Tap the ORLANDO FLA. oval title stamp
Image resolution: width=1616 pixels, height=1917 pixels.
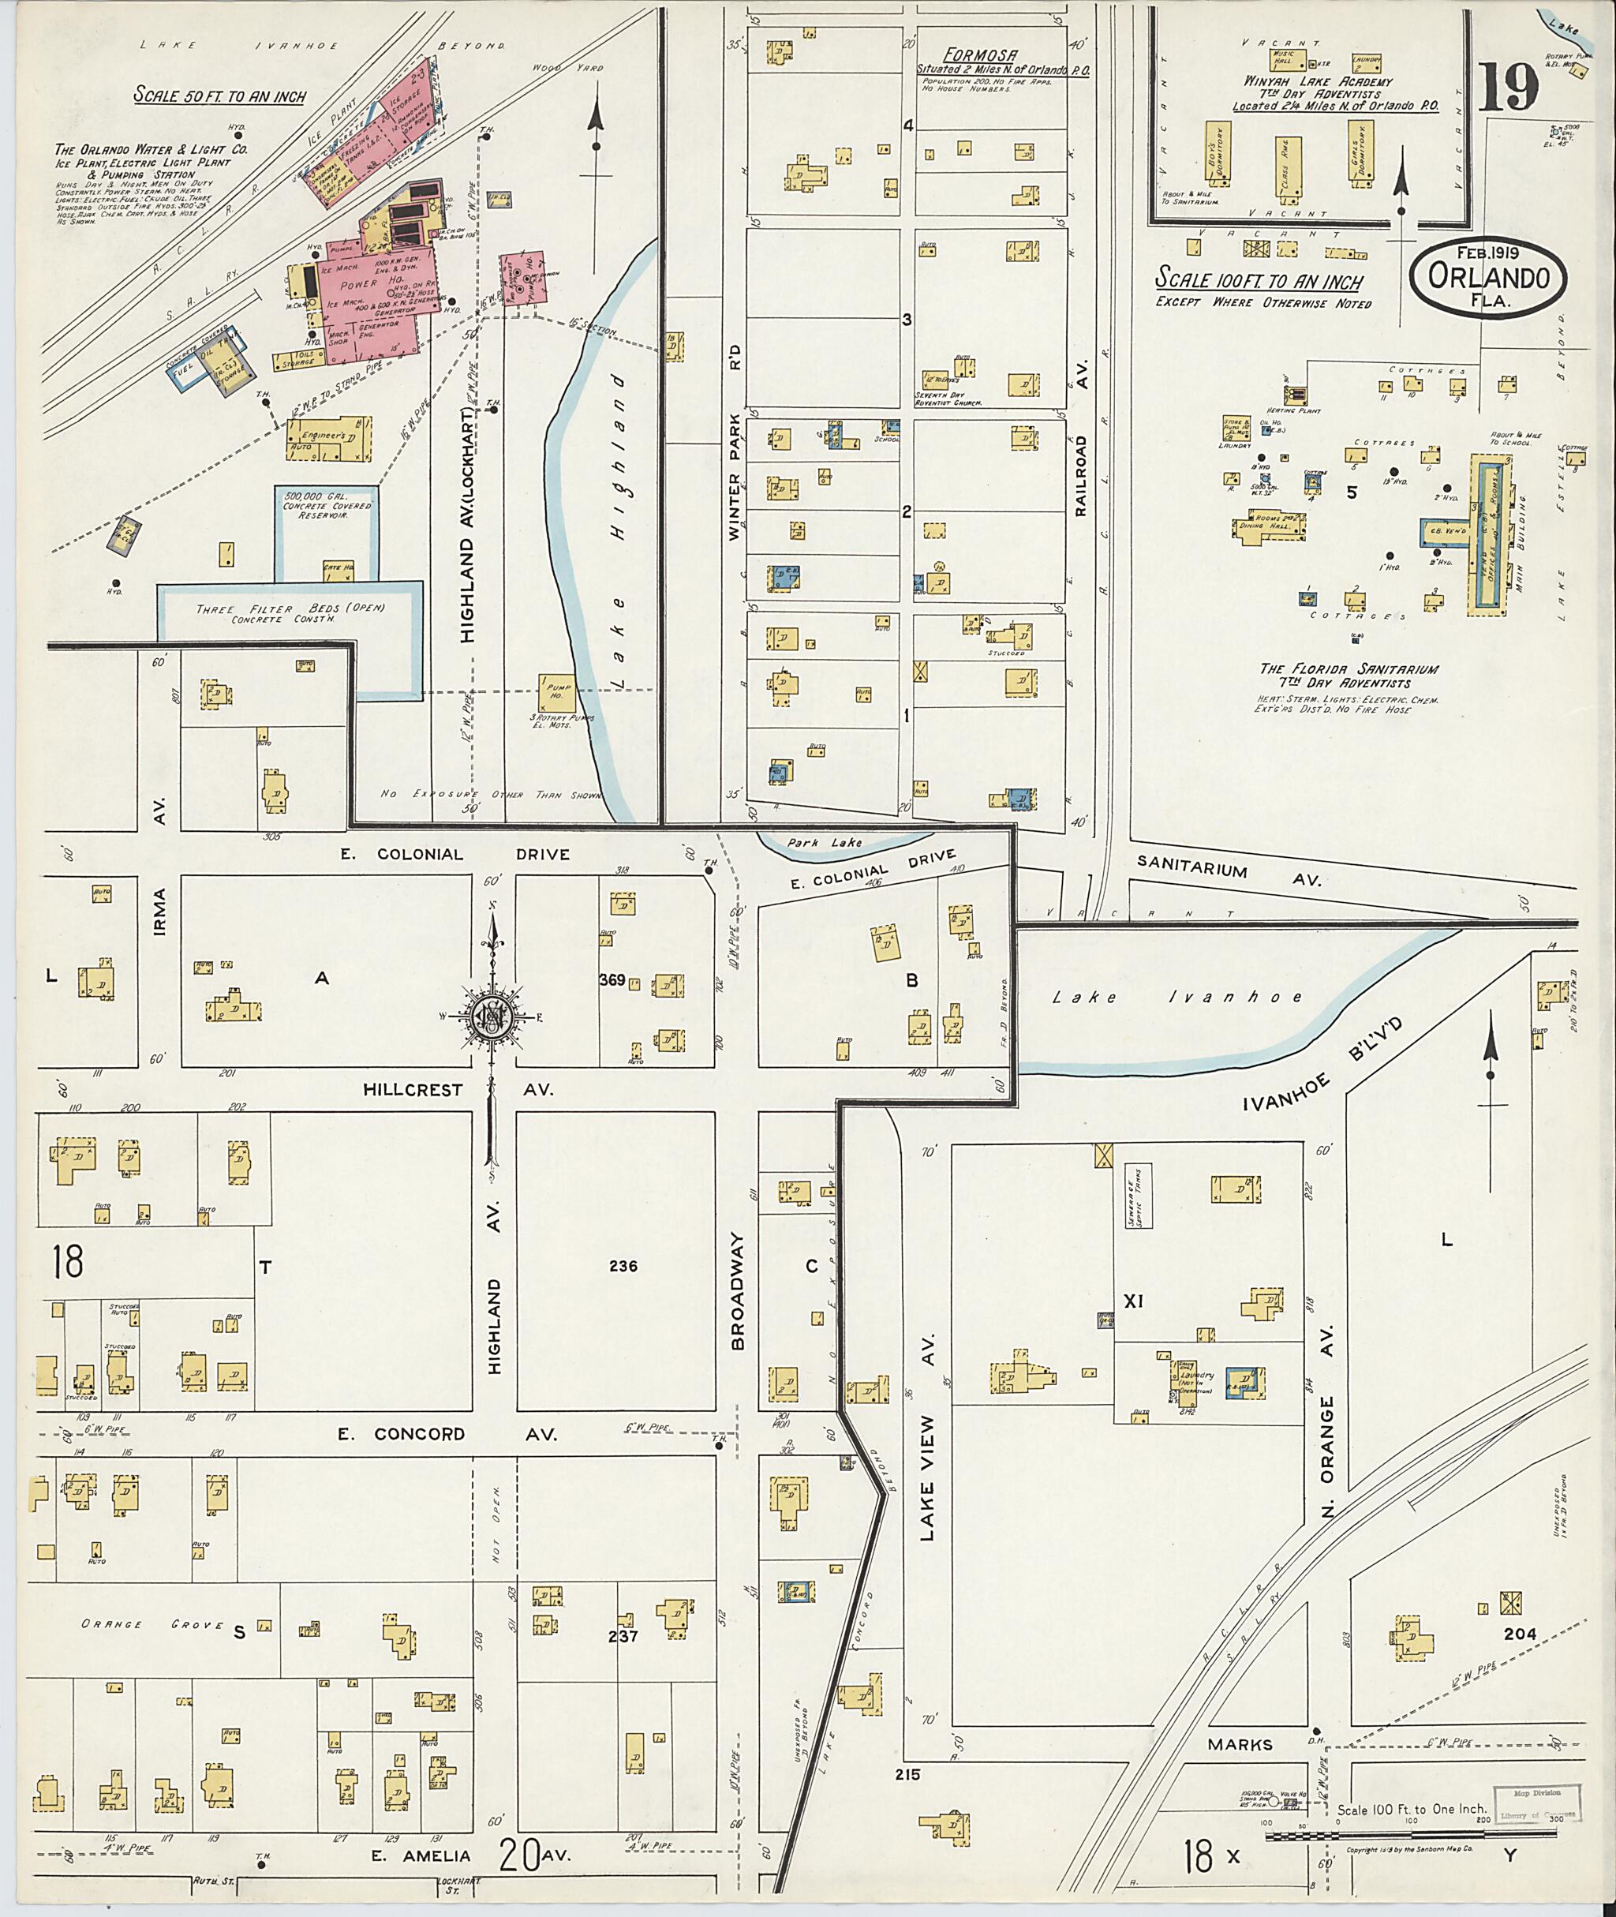[1487, 278]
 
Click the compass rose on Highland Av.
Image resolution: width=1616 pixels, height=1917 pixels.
[492, 1017]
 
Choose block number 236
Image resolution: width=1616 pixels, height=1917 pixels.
[623, 1267]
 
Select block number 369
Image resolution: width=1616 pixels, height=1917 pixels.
[612, 979]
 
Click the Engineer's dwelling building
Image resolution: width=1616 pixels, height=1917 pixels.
[329, 439]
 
